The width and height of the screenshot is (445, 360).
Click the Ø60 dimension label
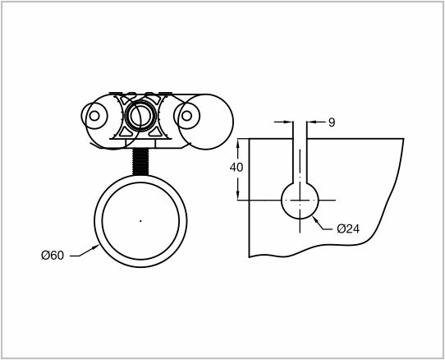click(x=53, y=255)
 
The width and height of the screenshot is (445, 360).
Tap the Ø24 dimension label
click(x=348, y=228)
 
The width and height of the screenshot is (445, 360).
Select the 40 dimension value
click(x=236, y=168)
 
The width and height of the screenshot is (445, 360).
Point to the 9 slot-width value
click(x=332, y=122)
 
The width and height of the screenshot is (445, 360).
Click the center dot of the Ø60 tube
click(x=140, y=221)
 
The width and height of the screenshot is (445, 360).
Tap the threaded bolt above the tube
click(x=140, y=162)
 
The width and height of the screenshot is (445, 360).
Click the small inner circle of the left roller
click(x=94, y=116)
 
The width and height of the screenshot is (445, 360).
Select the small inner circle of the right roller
click(x=186, y=116)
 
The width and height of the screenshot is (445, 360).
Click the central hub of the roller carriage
click(x=140, y=116)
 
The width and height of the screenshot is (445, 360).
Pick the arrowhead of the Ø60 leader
click(x=95, y=248)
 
